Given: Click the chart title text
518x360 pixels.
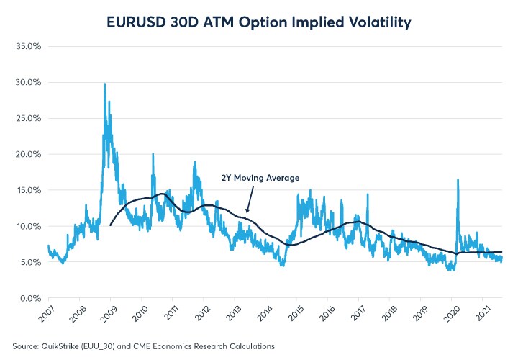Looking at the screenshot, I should pyautogui.click(x=259, y=22).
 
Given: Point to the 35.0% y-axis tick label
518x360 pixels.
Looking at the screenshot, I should pyautogui.click(x=27, y=46).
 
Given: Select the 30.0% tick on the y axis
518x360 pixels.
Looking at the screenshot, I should pyautogui.click(x=27, y=82).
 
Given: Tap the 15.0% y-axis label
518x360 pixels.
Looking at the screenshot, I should pyautogui.click(x=27, y=190).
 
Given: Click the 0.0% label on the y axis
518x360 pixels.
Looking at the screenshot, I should pyautogui.click(x=28, y=298).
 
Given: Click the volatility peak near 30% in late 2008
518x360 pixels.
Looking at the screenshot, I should pyautogui.click(x=105, y=84).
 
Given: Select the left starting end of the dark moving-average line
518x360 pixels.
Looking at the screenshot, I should pyautogui.click(x=110, y=225).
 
